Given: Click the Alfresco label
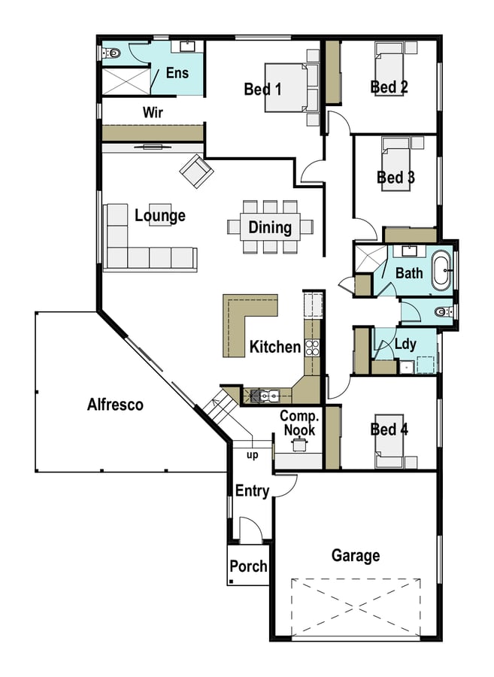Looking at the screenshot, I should click(115, 404).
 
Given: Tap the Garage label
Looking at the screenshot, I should click(356, 556).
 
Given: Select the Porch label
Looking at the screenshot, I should click(248, 566).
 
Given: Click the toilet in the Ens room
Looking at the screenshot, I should click(112, 53).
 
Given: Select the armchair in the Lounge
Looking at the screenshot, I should click(196, 171).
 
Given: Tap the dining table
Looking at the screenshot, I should click(270, 226).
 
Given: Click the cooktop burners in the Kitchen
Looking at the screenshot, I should click(312, 348).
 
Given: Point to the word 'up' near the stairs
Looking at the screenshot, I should click(252, 456).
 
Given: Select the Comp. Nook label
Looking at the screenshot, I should click(300, 423).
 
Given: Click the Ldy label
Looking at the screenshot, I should click(405, 344).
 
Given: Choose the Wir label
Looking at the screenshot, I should click(153, 112).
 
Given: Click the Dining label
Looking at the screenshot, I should click(270, 227).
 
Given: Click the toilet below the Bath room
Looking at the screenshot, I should click(442, 311).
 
